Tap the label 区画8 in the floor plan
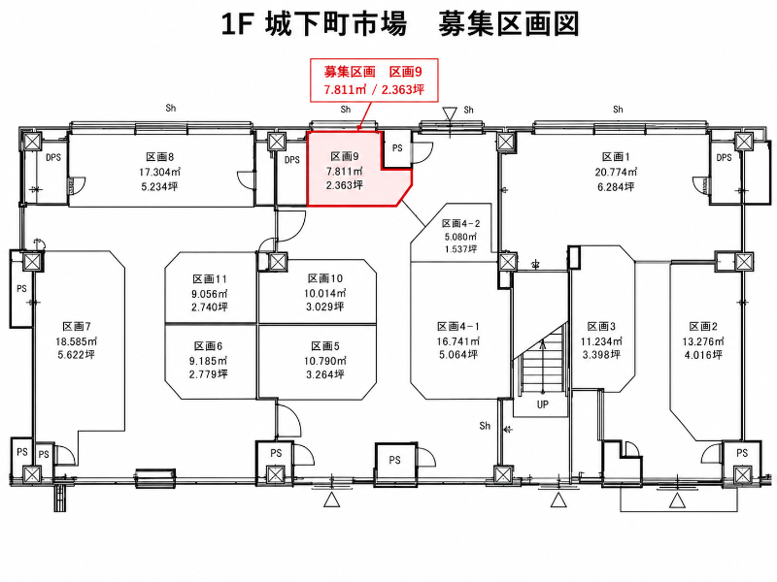(x=159, y=157)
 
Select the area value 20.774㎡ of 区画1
(x=616, y=172)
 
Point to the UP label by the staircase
(x=543, y=404)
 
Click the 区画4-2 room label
(x=460, y=224)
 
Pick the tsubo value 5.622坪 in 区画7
(x=76, y=354)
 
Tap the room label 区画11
(x=210, y=279)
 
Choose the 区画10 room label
(x=325, y=278)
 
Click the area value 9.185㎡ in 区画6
(x=208, y=360)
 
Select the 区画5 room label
(x=325, y=346)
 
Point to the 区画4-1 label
(x=458, y=327)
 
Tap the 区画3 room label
(x=601, y=327)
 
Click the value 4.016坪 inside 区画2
(x=702, y=355)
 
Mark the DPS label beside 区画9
(x=292, y=160)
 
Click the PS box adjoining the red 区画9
(x=397, y=148)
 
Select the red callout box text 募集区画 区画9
(x=373, y=72)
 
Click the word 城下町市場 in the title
(x=336, y=24)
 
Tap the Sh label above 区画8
(x=171, y=108)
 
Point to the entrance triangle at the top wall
(x=450, y=114)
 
